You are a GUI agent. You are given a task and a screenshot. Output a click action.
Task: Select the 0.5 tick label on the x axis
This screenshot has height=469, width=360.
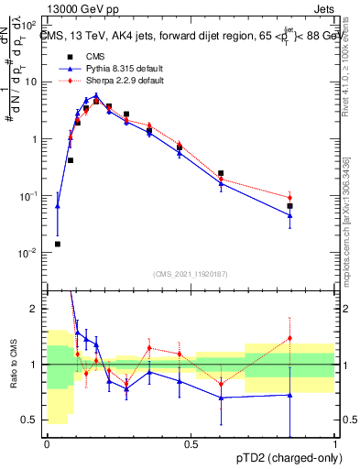191,445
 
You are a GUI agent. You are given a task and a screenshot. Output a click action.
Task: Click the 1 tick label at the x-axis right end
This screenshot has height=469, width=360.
335,445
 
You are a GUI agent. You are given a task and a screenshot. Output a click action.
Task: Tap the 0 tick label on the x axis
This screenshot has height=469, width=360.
47,445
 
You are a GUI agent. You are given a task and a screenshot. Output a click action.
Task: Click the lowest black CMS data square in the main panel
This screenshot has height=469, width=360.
58,245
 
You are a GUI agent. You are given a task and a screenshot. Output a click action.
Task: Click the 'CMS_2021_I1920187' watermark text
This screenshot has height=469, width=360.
191,274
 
